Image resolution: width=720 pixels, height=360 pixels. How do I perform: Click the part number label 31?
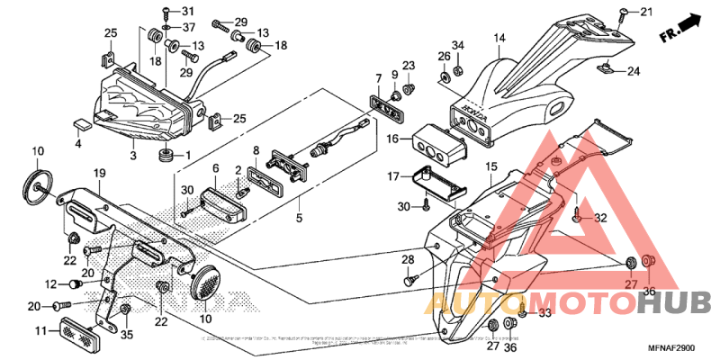[187, 11]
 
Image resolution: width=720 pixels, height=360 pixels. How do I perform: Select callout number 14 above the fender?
[500, 38]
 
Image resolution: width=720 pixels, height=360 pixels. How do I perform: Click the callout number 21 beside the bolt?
[645, 11]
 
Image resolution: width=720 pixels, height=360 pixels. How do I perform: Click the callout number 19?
[98, 173]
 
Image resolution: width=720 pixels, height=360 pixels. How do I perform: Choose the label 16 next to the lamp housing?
[392, 139]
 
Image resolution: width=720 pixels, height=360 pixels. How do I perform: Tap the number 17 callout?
[392, 175]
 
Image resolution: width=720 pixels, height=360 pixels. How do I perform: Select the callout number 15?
[490, 166]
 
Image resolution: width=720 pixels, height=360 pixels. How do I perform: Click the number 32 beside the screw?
[600, 218]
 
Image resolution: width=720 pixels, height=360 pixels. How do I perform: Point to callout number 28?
[407, 260]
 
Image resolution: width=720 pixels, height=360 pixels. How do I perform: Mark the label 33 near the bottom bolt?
[544, 313]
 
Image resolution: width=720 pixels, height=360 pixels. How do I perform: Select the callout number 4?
[77, 143]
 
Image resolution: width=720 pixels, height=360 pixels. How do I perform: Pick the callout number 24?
[634, 72]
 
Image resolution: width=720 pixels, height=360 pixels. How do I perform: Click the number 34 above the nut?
[457, 45]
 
